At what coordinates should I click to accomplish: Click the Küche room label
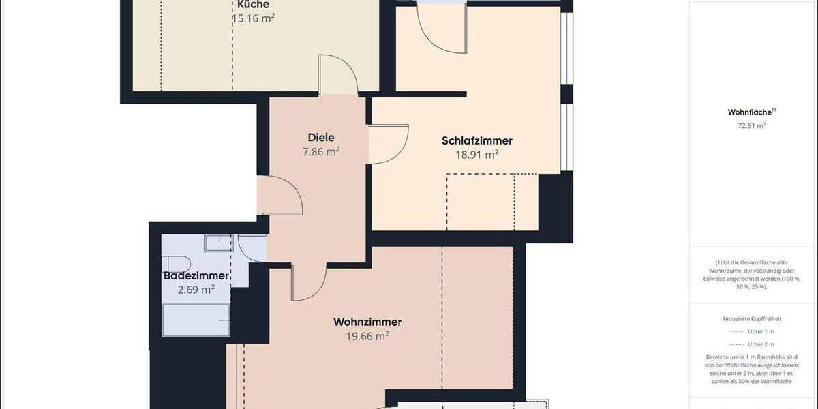point(248,5)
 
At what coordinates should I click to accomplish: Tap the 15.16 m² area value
point(253,18)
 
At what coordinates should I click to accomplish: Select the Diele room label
point(321,137)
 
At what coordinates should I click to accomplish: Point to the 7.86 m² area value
point(321,151)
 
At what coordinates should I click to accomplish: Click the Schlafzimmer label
point(477,141)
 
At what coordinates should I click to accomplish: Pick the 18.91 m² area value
point(477,155)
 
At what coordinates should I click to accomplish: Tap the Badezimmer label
point(196,276)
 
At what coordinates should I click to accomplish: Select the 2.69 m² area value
point(196,290)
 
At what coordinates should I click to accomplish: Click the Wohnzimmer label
point(367,322)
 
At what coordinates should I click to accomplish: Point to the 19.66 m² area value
point(367,336)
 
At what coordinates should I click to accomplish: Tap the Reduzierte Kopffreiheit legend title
point(751,318)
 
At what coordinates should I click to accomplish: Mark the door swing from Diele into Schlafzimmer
point(389,144)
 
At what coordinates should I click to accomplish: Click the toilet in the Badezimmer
point(176,264)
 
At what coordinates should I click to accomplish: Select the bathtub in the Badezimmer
point(196,320)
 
